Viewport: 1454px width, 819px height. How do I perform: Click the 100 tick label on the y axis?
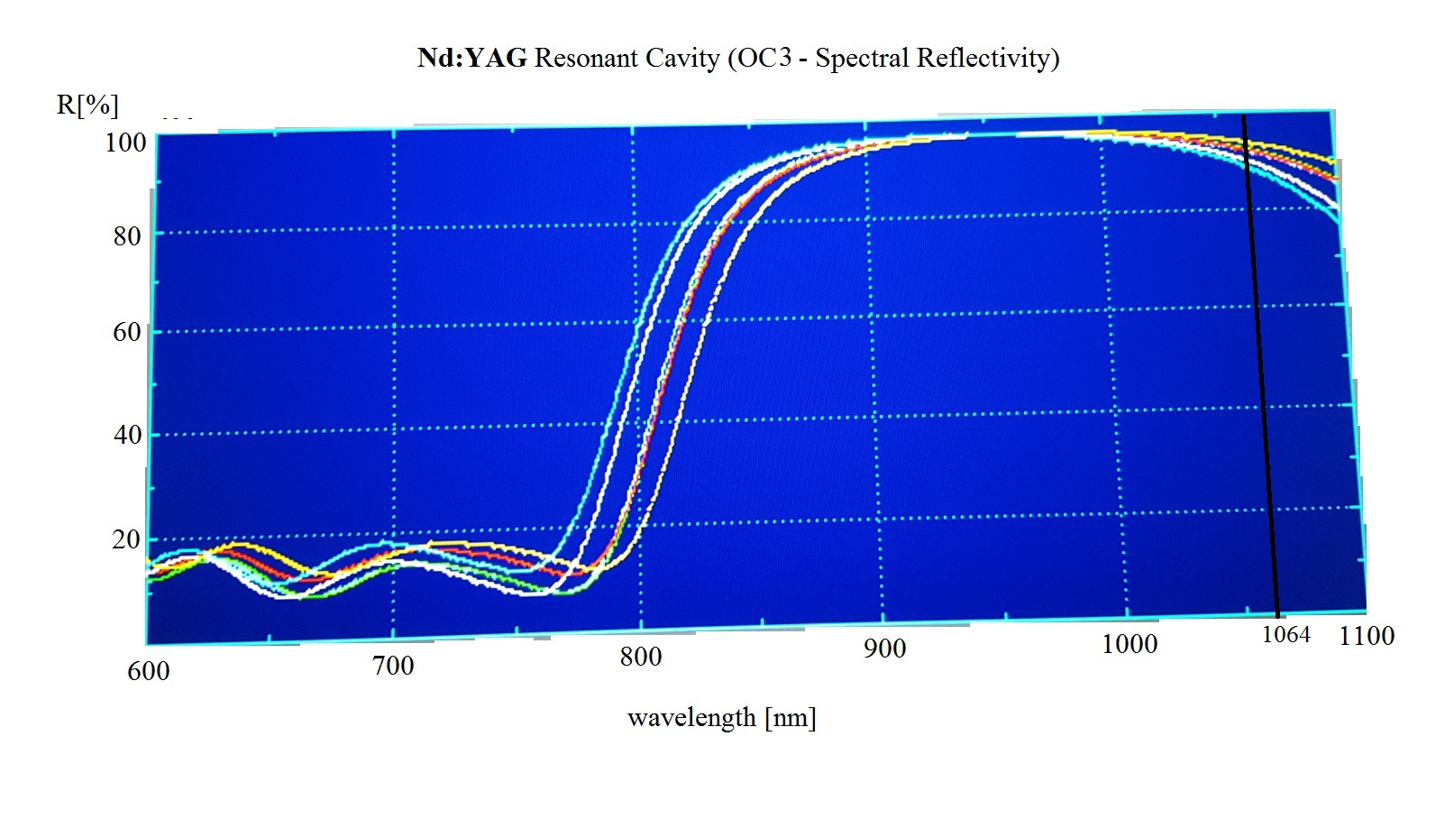[x=125, y=143]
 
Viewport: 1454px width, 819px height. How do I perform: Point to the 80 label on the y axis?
[x=127, y=236]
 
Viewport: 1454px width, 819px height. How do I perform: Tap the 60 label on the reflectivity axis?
[x=127, y=332]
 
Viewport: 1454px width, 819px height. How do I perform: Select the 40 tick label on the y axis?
[x=128, y=435]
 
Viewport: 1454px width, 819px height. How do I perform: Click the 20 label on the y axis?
[x=126, y=539]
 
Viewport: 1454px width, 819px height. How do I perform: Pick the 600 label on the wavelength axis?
[x=148, y=671]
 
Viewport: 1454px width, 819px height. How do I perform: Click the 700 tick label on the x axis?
[x=393, y=667]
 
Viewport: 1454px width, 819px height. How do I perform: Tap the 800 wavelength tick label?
[x=640, y=658]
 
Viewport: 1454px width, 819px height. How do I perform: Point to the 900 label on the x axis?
[x=884, y=649]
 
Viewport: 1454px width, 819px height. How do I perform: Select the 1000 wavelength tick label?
[x=1129, y=644]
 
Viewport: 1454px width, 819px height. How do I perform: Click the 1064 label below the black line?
[x=1285, y=635]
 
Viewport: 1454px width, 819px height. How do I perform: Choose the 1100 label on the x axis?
[x=1367, y=636]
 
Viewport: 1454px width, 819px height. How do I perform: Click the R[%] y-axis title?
[x=87, y=105]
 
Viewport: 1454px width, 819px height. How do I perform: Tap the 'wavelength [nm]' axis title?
[x=721, y=718]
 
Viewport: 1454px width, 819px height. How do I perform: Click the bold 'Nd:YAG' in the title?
[x=471, y=59]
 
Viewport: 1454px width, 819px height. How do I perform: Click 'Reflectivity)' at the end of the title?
[x=988, y=59]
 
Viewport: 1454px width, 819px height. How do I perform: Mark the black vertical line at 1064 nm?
[x=1261, y=361]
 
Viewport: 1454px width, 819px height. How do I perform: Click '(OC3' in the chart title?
[x=760, y=59]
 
